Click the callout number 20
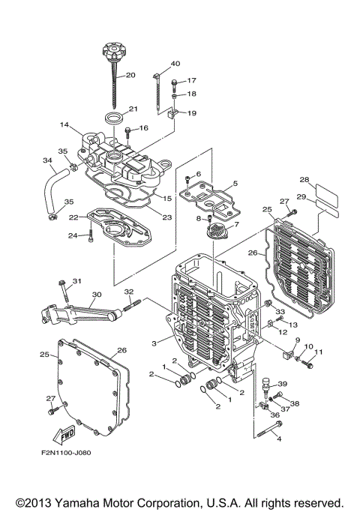point(130,75)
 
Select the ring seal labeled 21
point(115,117)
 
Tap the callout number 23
point(166,217)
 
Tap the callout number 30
point(96,295)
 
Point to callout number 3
point(154,343)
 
